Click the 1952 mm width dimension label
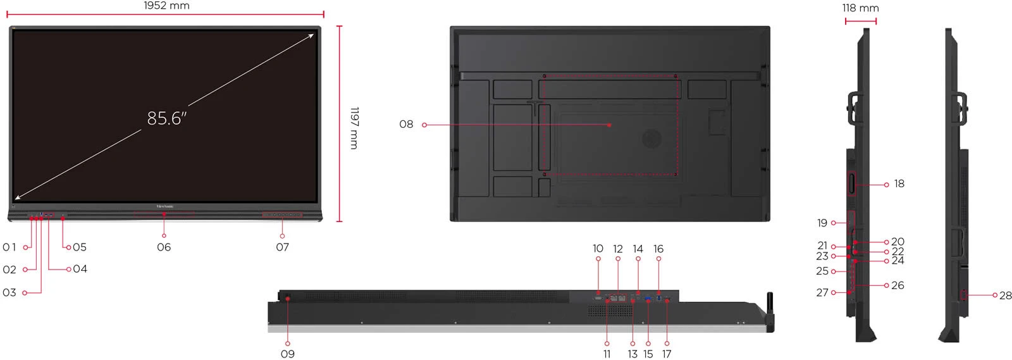click(x=166, y=6)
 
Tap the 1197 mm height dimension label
click(x=355, y=128)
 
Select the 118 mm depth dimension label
click(x=860, y=8)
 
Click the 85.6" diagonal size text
click(x=167, y=118)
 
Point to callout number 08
click(x=406, y=124)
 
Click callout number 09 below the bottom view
click(x=288, y=354)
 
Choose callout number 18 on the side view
click(x=899, y=184)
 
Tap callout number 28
click(x=1005, y=295)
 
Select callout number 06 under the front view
click(x=164, y=247)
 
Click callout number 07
click(x=282, y=247)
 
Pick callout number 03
click(x=9, y=293)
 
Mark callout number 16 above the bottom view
click(x=658, y=249)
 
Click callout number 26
click(x=898, y=285)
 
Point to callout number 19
click(x=822, y=223)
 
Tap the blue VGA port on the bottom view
click(x=648, y=299)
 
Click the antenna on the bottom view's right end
click(x=770, y=312)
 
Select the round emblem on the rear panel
click(x=652, y=139)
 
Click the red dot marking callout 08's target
click(x=610, y=125)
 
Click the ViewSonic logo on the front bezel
click(x=165, y=206)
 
